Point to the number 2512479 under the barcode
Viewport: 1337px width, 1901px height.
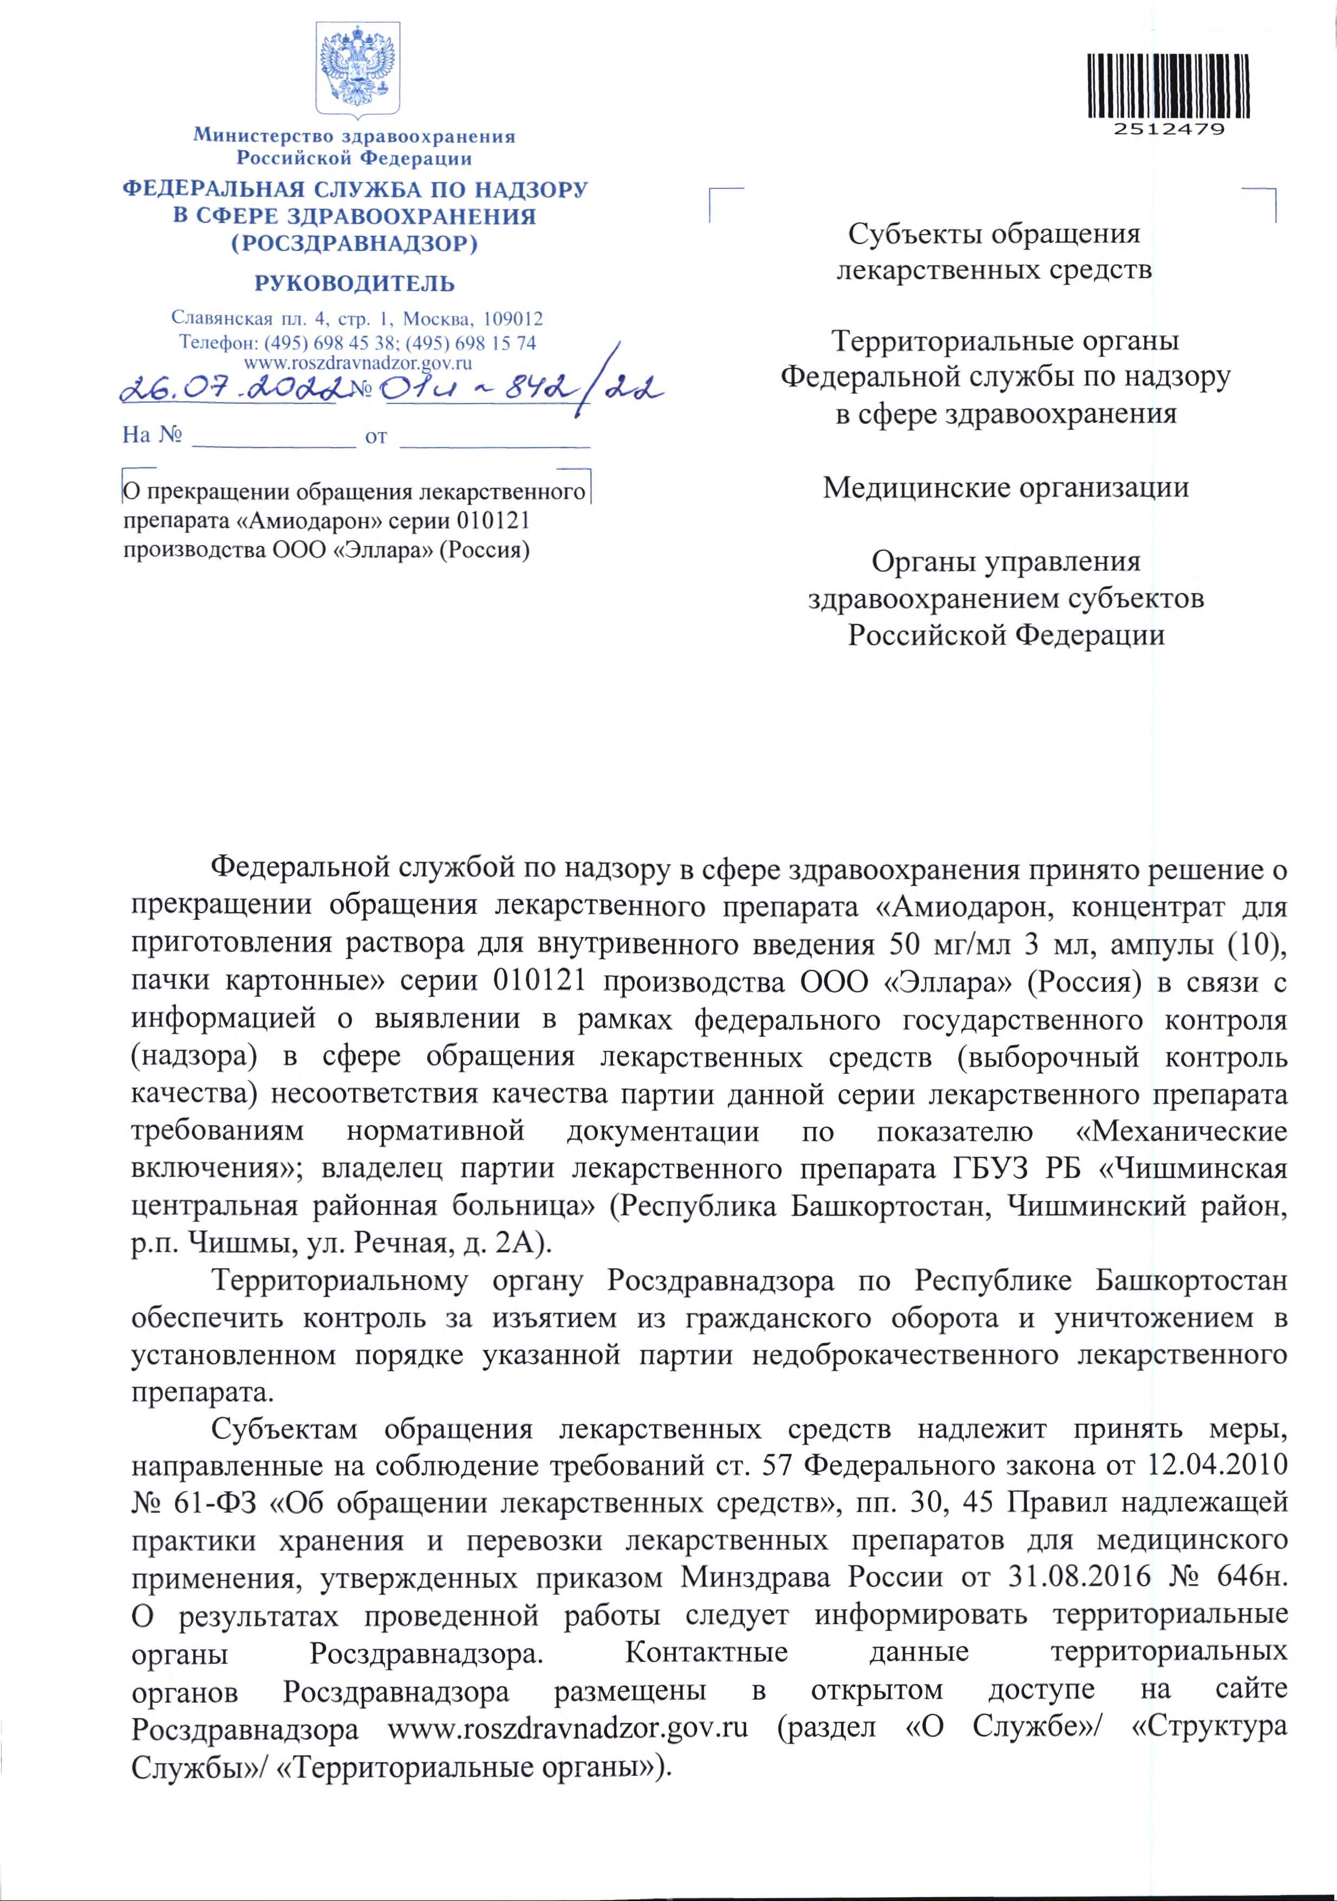click(x=1168, y=130)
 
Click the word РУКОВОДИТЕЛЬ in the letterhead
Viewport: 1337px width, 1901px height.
click(x=354, y=284)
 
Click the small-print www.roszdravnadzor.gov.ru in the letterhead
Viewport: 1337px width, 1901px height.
click(x=357, y=362)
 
